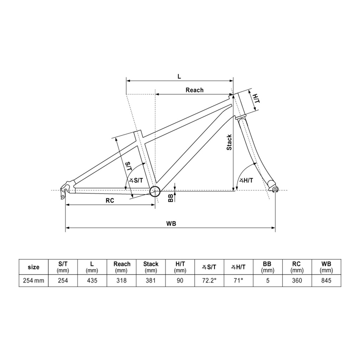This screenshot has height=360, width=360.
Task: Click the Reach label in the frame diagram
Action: coord(194,90)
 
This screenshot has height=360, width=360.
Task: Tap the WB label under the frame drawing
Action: coord(171,223)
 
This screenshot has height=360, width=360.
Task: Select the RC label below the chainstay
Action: coord(110,200)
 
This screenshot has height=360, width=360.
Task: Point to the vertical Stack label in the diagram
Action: coord(229,142)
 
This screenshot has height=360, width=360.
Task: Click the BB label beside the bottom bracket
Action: coord(171,198)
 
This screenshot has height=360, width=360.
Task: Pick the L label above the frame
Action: coord(179,76)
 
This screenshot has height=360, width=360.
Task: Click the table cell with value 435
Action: coord(92,280)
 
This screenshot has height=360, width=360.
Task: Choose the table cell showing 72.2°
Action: coord(209,280)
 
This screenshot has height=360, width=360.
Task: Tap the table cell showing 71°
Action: coord(239,280)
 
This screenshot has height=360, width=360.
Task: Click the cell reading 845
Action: coord(326,280)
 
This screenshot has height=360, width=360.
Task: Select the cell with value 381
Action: coord(150,280)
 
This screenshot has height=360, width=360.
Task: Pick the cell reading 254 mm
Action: coord(33,280)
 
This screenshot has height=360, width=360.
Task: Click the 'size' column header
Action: coord(33,267)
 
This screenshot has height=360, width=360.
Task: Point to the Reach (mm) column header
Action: coord(121,267)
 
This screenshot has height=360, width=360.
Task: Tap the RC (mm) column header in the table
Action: coord(297,267)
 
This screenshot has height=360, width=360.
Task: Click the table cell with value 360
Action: coord(297,280)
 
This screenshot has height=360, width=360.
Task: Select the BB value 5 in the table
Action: coord(268,280)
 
